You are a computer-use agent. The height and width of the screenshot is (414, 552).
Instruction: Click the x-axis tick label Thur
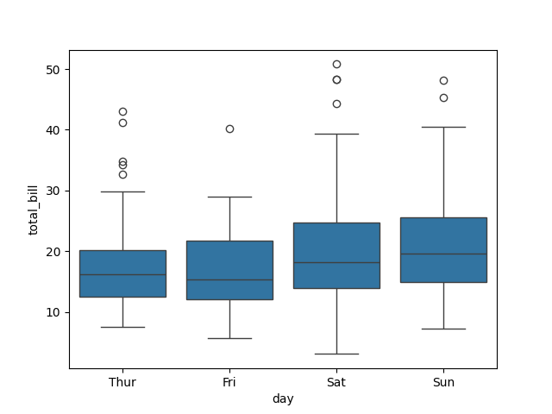click(x=122, y=382)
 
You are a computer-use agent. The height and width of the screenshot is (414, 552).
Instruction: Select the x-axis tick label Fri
click(x=229, y=382)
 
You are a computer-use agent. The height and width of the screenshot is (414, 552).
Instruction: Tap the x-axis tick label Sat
click(x=336, y=382)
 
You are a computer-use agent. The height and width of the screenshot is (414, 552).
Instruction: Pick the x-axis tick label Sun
click(x=443, y=382)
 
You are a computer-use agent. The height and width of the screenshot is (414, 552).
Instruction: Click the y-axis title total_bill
click(x=34, y=210)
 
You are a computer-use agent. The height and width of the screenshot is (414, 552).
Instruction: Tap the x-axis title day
click(x=283, y=398)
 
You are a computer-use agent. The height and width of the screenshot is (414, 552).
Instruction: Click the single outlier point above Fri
click(x=229, y=129)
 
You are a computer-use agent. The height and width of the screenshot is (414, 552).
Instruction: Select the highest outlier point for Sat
click(x=336, y=64)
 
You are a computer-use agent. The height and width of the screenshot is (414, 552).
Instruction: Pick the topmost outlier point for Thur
click(x=122, y=111)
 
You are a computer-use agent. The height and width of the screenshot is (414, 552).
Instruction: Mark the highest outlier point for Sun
click(x=443, y=80)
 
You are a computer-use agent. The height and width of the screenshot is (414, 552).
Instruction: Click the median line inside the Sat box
click(x=336, y=262)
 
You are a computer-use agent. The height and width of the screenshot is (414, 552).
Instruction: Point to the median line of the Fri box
click(x=229, y=279)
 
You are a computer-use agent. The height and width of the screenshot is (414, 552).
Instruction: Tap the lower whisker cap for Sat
click(x=336, y=354)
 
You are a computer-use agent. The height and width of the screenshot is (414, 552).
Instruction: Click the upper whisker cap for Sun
click(x=443, y=127)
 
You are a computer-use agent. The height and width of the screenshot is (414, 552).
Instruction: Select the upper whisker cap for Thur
click(x=122, y=191)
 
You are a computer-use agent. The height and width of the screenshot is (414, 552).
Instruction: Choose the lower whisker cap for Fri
click(x=229, y=338)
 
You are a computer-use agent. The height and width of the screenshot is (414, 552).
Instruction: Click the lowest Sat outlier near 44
click(x=336, y=103)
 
